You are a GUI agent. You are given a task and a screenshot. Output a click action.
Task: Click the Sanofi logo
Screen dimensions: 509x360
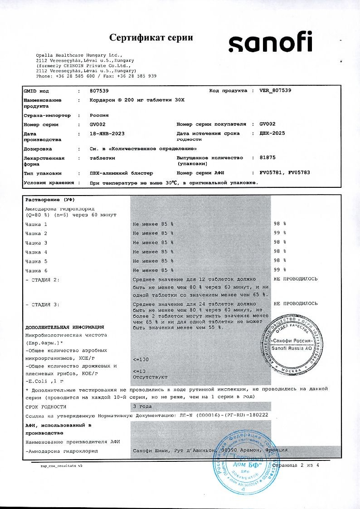(x=270, y=44)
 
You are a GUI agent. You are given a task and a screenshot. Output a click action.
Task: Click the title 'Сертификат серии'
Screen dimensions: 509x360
(x=151, y=38)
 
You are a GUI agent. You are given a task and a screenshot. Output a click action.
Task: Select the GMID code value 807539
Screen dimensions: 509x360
(x=99, y=91)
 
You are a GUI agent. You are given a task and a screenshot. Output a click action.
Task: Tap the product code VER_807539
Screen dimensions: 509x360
(x=275, y=91)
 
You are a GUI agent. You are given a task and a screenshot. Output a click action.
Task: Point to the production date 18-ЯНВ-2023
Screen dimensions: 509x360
(x=107, y=134)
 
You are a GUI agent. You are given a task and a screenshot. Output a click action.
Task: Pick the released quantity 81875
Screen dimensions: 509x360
(x=268, y=158)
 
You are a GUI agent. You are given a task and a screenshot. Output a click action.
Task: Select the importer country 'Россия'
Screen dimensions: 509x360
(x=99, y=115)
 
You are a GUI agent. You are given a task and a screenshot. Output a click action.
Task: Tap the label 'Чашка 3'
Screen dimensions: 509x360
(x=36, y=243)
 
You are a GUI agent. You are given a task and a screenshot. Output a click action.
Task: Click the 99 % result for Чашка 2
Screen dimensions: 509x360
(x=280, y=233)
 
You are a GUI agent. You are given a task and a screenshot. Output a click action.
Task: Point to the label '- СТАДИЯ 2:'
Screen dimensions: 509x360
(x=43, y=279)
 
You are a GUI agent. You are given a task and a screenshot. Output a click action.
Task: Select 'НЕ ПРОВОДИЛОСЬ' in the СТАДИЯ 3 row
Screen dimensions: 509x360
(x=295, y=303)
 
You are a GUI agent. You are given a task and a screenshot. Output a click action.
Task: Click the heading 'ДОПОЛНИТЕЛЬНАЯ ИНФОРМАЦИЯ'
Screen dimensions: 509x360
(x=64, y=327)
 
